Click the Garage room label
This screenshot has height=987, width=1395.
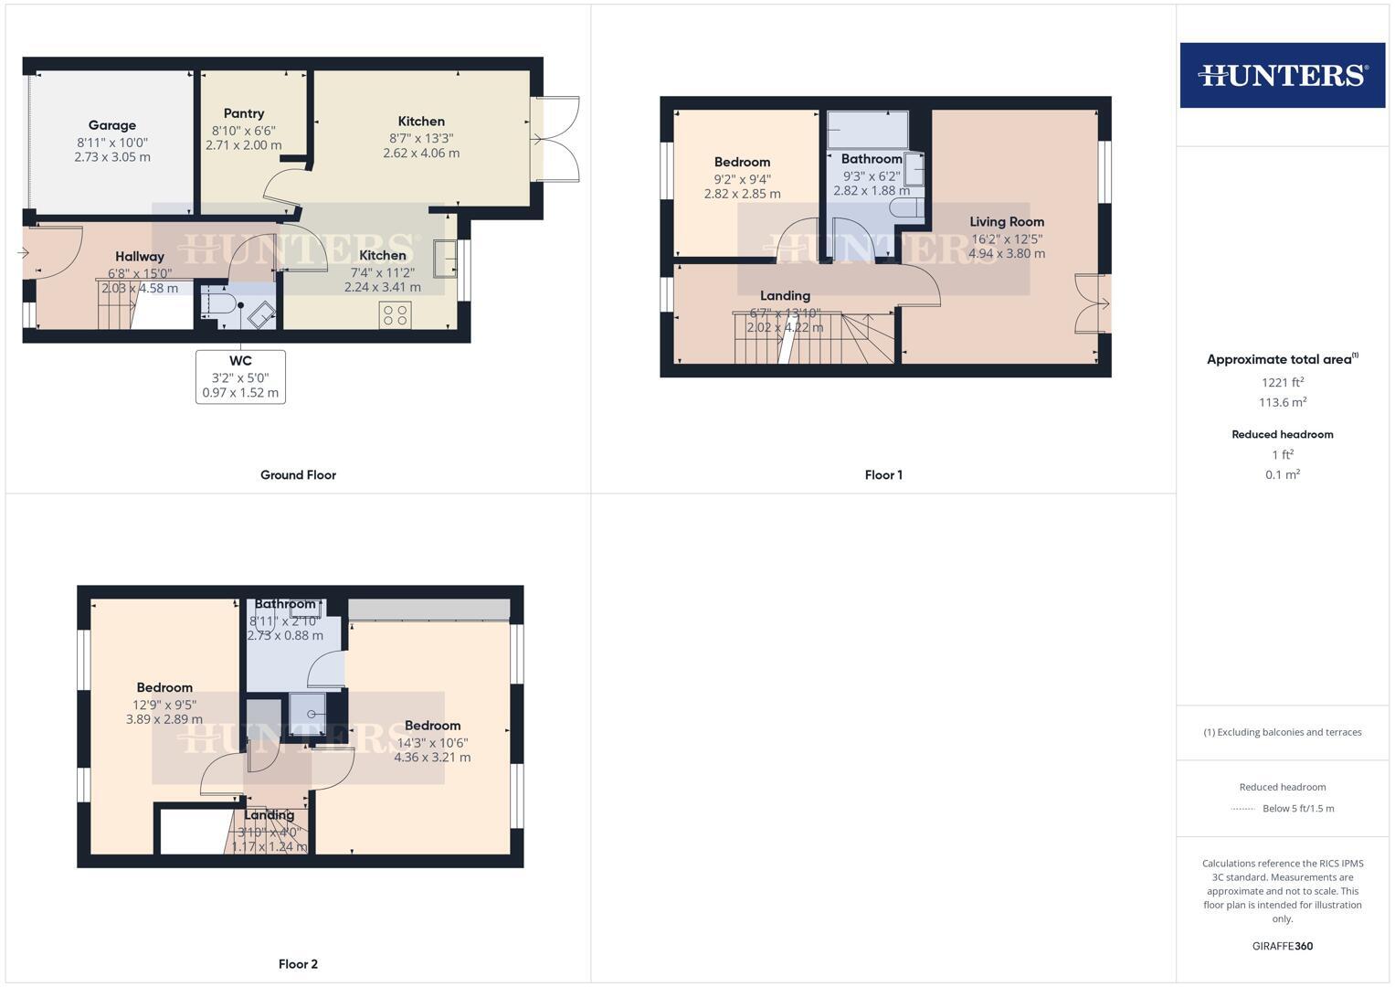tap(112, 125)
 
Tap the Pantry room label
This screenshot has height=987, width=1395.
tap(244, 113)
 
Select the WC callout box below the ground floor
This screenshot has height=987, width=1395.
tap(240, 376)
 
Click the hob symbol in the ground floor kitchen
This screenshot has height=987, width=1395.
tap(396, 315)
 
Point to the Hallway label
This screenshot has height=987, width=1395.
tap(140, 257)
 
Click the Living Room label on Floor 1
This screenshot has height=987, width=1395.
tap(1007, 221)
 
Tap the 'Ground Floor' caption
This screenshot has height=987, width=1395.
tap(298, 475)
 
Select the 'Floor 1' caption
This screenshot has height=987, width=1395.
tap(883, 475)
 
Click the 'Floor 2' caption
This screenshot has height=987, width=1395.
tap(298, 964)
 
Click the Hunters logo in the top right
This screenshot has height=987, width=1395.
tap(1282, 75)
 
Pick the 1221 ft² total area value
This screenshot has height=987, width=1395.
tap(1282, 383)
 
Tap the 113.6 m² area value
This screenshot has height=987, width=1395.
tap(1282, 402)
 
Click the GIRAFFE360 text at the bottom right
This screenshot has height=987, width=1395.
tap(1282, 946)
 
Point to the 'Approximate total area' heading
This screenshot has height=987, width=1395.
tap(1282, 359)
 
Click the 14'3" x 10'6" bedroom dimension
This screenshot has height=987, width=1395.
tap(432, 742)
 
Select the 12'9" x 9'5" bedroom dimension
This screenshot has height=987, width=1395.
tap(164, 705)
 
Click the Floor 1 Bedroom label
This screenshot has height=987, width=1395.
tap(742, 162)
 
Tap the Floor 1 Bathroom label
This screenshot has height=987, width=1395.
tap(872, 159)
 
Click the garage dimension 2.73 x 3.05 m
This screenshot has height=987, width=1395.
tap(112, 157)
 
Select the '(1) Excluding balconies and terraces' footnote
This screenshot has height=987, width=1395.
tap(1282, 732)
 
